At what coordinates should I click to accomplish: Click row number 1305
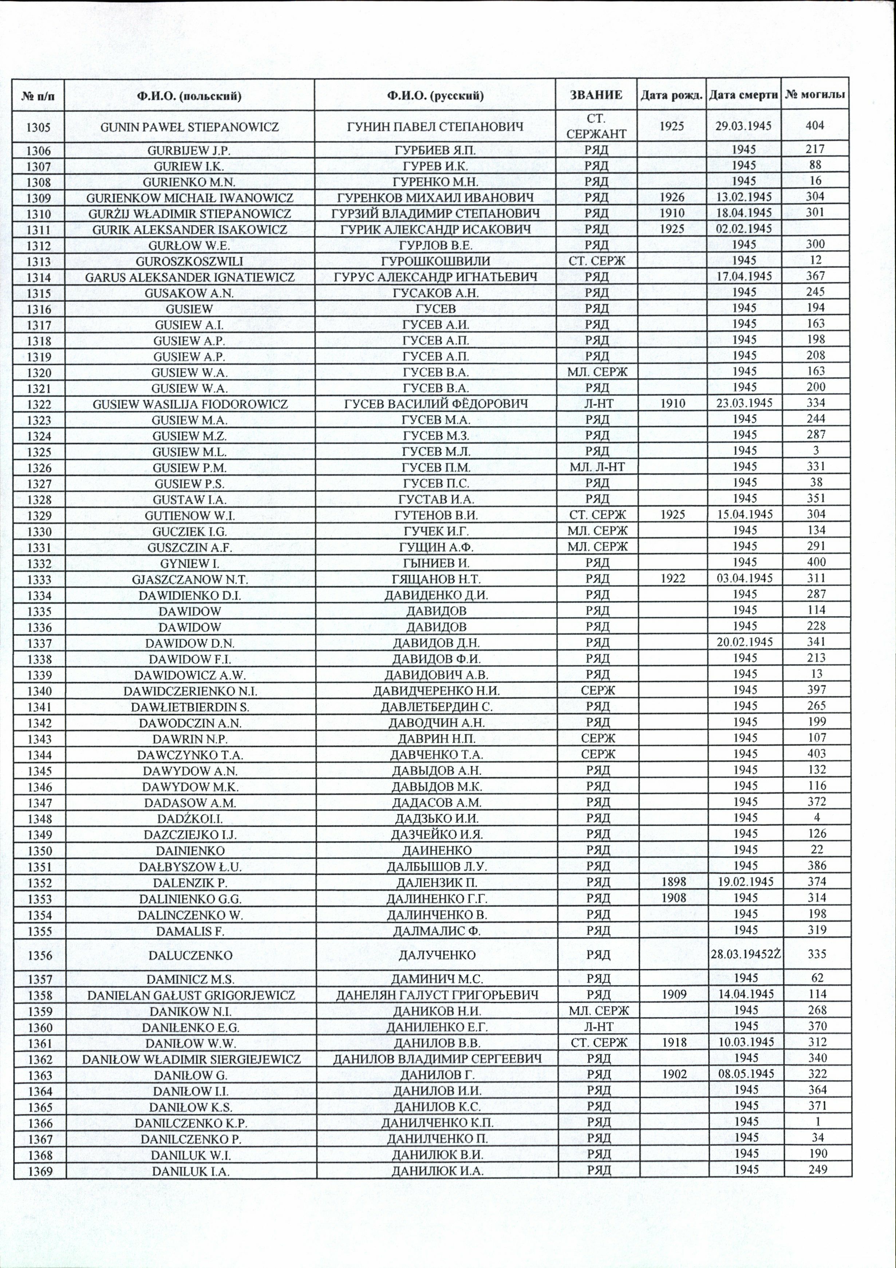39,127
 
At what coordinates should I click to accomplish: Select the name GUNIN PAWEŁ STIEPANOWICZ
190,127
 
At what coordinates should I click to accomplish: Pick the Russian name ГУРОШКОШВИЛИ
435,261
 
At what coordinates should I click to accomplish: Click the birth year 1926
672,197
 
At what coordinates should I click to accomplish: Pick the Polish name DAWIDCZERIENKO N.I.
190,691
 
